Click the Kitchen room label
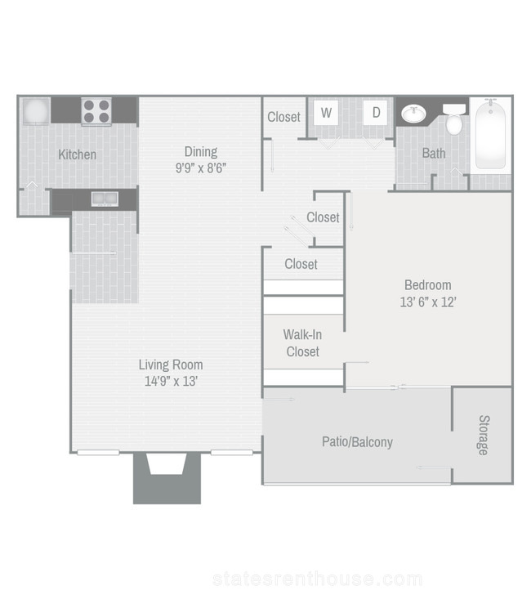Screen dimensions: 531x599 (x=77, y=154)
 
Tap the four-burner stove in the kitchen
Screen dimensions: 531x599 (x=96, y=111)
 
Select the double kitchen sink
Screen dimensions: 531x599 (x=105, y=199)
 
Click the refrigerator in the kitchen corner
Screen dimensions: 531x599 (x=36, y=111)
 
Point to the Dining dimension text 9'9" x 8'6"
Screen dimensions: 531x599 (x=201, y=168)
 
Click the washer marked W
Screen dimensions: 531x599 (x=326, y=113)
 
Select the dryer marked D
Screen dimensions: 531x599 (x=376, y=113)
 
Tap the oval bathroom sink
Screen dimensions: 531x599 (x=413, y=114)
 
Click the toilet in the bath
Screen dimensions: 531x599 (x=454, y=118)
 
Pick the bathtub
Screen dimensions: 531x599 (x=490, y=134)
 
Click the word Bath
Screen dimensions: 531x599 (x=434, y=153)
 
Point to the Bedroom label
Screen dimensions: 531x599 (x=428, y=285)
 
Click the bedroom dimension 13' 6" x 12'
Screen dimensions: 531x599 (x=428, y=302)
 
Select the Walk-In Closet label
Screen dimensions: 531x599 (x=302, y=343)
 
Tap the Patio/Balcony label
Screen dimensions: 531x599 (x=357, y=442)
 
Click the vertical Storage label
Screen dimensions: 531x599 (x=484, y=435)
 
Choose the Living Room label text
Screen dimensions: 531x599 (x=171, y=364)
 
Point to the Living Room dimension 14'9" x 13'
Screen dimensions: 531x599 (x=171, y=382)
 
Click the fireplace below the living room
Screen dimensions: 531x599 (x=167, y=478)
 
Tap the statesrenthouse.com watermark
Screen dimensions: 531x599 (x=318, y=579)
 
